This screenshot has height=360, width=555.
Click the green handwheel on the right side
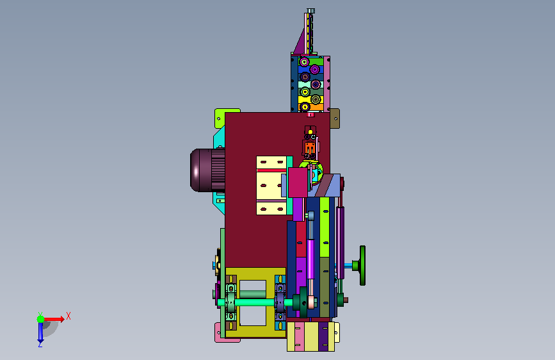(362, 265)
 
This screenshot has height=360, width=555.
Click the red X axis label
(68, 316)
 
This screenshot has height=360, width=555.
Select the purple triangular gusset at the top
(300, 43)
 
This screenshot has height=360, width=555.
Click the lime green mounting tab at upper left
(220, 118)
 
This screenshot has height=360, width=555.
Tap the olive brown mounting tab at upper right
(335, 119)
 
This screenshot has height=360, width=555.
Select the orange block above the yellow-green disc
(310, 148)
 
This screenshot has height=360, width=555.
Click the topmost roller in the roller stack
(304, 62)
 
